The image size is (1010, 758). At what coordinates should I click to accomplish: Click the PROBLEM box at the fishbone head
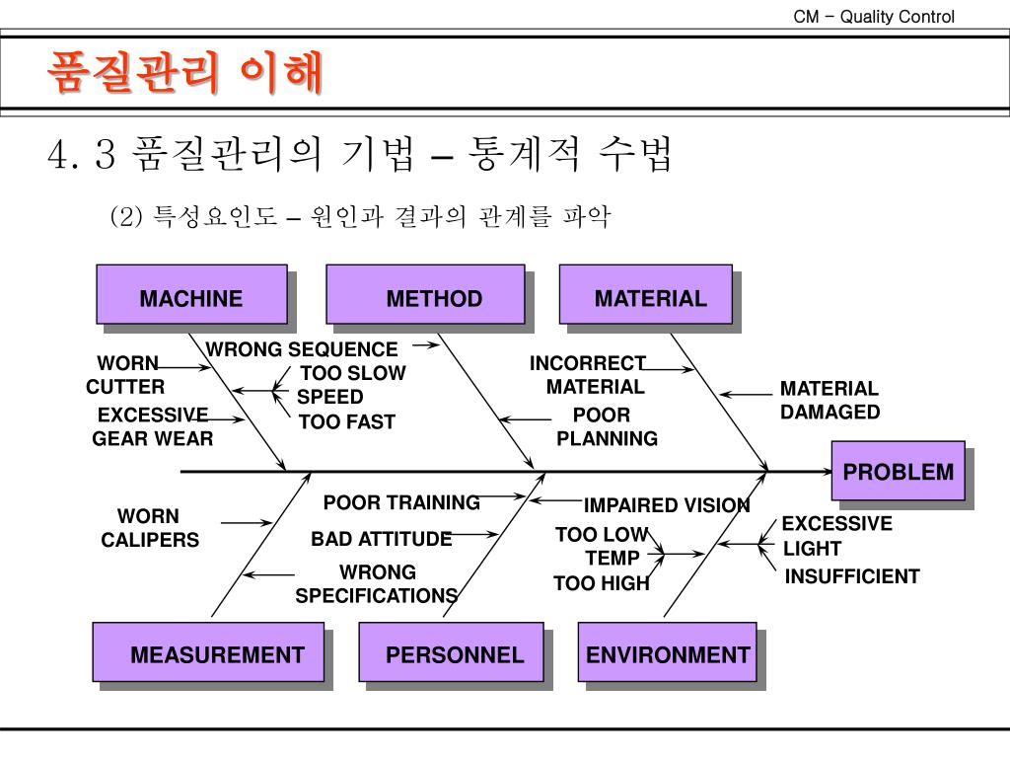tap(897, 472)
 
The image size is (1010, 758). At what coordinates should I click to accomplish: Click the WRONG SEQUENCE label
tap(302, 349)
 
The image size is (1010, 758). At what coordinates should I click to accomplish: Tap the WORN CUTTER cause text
tap(126, 375)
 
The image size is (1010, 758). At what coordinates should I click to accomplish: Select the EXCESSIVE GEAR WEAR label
tap(153, 426)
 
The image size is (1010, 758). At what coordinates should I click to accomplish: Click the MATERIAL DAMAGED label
tap(830, 401)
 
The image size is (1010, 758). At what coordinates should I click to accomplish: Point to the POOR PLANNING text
tap(605, 426)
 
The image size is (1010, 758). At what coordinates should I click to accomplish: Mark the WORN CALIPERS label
tap(149, 528)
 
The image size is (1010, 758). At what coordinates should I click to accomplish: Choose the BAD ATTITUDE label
tap(382, 539)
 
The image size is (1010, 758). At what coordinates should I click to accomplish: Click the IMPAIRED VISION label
tap(667, 505)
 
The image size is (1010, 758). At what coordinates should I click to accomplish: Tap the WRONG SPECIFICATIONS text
tap(377, 584)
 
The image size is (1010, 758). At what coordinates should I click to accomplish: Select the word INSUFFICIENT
tap(852, 576)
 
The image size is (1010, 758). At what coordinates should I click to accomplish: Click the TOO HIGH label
tap(602, 583)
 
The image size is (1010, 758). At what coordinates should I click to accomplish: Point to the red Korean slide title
tap(186, 72)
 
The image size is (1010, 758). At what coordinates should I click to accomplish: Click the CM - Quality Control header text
tap(874, 17)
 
